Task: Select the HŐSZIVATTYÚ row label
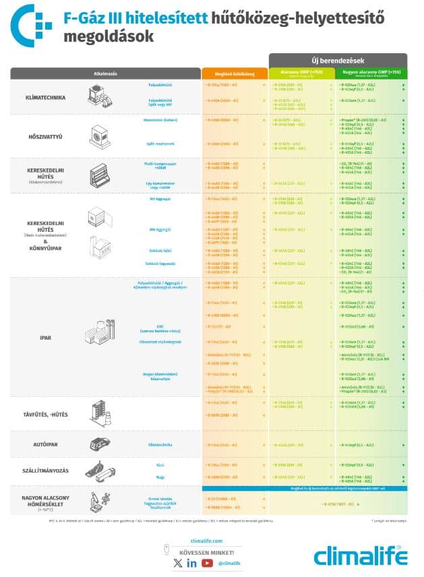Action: coord(45,137)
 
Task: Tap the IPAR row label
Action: coord(45,336)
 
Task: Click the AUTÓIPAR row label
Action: coord(45,445)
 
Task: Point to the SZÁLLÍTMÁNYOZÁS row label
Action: coord(45,471)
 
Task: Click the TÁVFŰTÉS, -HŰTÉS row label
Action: coord(45,411)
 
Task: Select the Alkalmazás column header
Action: coord(106,73)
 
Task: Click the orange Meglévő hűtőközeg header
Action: coord(234,74)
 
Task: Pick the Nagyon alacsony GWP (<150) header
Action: coord(372,73)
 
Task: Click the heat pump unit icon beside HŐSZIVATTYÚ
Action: coord(99,136)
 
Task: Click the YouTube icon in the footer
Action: coord(207,563)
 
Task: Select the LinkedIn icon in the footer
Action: coord(192,563)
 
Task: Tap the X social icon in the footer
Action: coord(177,563)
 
